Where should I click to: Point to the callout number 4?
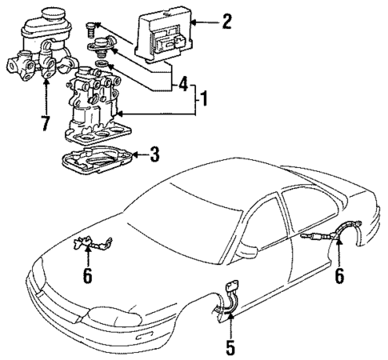click(183, 83)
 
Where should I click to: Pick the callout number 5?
click(231, 349)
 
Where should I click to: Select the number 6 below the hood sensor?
click(88, 276)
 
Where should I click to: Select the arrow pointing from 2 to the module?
click(202, 22)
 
